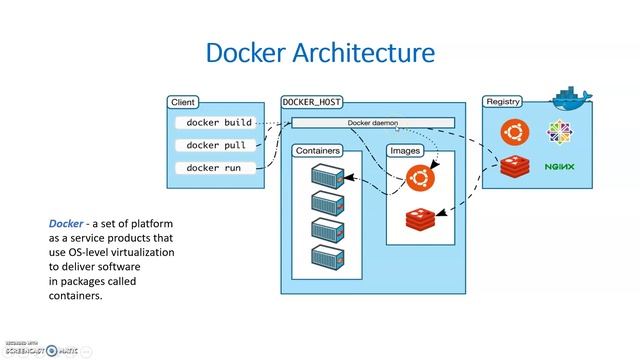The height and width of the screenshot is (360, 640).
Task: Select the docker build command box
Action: pos(219,123)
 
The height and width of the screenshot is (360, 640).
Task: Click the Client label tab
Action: pos(183,102)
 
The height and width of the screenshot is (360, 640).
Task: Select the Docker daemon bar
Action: pos(372,123)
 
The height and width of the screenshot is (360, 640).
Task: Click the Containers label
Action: pos(317,151)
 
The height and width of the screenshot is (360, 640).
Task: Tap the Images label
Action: pos(406,151)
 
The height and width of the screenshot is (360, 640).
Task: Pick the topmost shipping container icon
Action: pos(327,177)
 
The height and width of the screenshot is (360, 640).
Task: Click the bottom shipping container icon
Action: pos(327,255)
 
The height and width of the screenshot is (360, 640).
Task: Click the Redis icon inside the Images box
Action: pos(420,218)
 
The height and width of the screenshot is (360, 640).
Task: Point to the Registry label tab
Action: pos(502,102)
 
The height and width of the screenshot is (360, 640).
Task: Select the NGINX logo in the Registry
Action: pos(558,167)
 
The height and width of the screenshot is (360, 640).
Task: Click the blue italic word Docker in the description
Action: pos(66,224)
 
